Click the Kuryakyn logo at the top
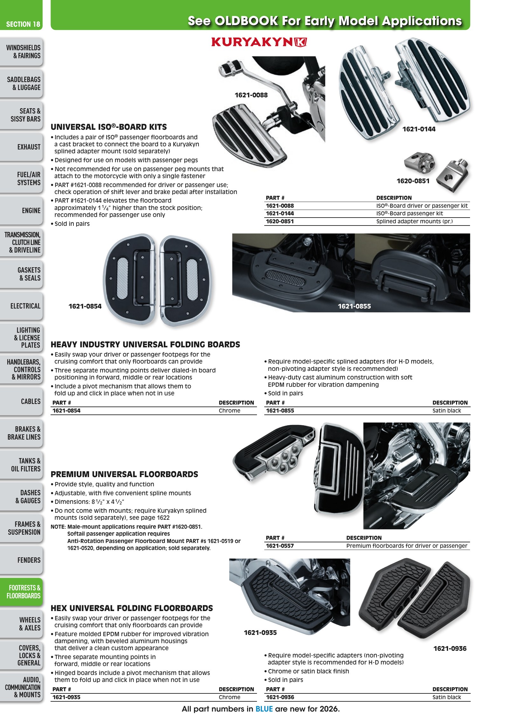(x=259, y=42)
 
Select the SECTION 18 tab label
(x=23, y=24)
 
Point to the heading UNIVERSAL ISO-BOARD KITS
(x=108, y=127)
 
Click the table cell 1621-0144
(x=280, y=213)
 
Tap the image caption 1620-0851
(x=413, y=181)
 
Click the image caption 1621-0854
(x=85, y=306)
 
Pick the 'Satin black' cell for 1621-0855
(x=446, y=411)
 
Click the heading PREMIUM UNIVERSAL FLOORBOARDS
(x=124, y=474)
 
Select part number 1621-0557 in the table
(x=280, y=546)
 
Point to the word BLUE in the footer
(x=264, y=709)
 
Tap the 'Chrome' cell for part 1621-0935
(x=229, y=697)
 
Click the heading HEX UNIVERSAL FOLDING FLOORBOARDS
(x=132, y=608)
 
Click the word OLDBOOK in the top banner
(x=246, y=21)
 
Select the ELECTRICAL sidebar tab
(x=25, y=306)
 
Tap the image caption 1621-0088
(x=251, y=95)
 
